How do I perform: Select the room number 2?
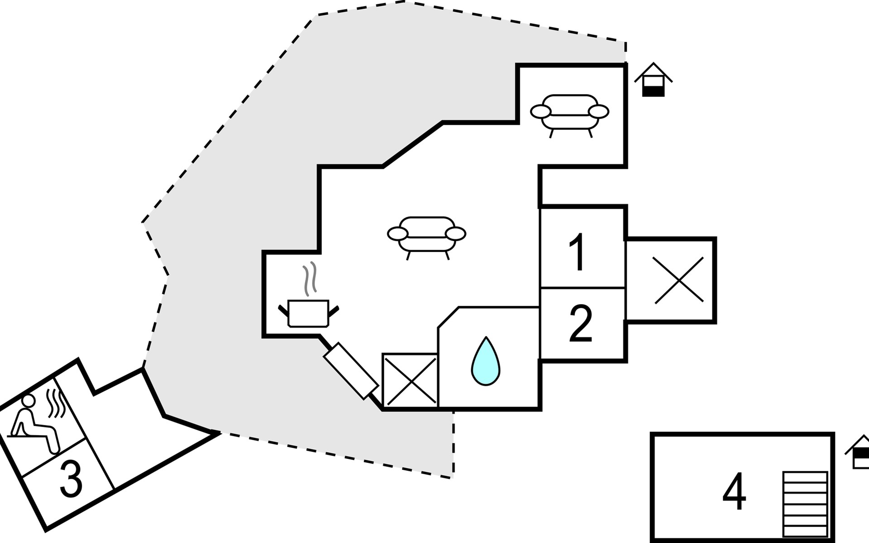point(581,323)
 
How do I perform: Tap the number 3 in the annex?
point(71,478)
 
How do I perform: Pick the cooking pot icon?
point(308,313)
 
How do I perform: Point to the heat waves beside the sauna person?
point(56,403)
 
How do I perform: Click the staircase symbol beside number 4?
point(805,504)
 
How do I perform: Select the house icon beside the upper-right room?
point(653,80)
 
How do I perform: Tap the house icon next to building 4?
point(858,452)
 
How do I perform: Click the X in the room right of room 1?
point(678,280)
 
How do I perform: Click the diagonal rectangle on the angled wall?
point(351,371)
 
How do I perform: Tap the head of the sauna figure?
point(28,401)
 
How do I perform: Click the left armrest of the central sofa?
point(398,233)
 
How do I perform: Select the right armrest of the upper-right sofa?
point(598,111)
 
